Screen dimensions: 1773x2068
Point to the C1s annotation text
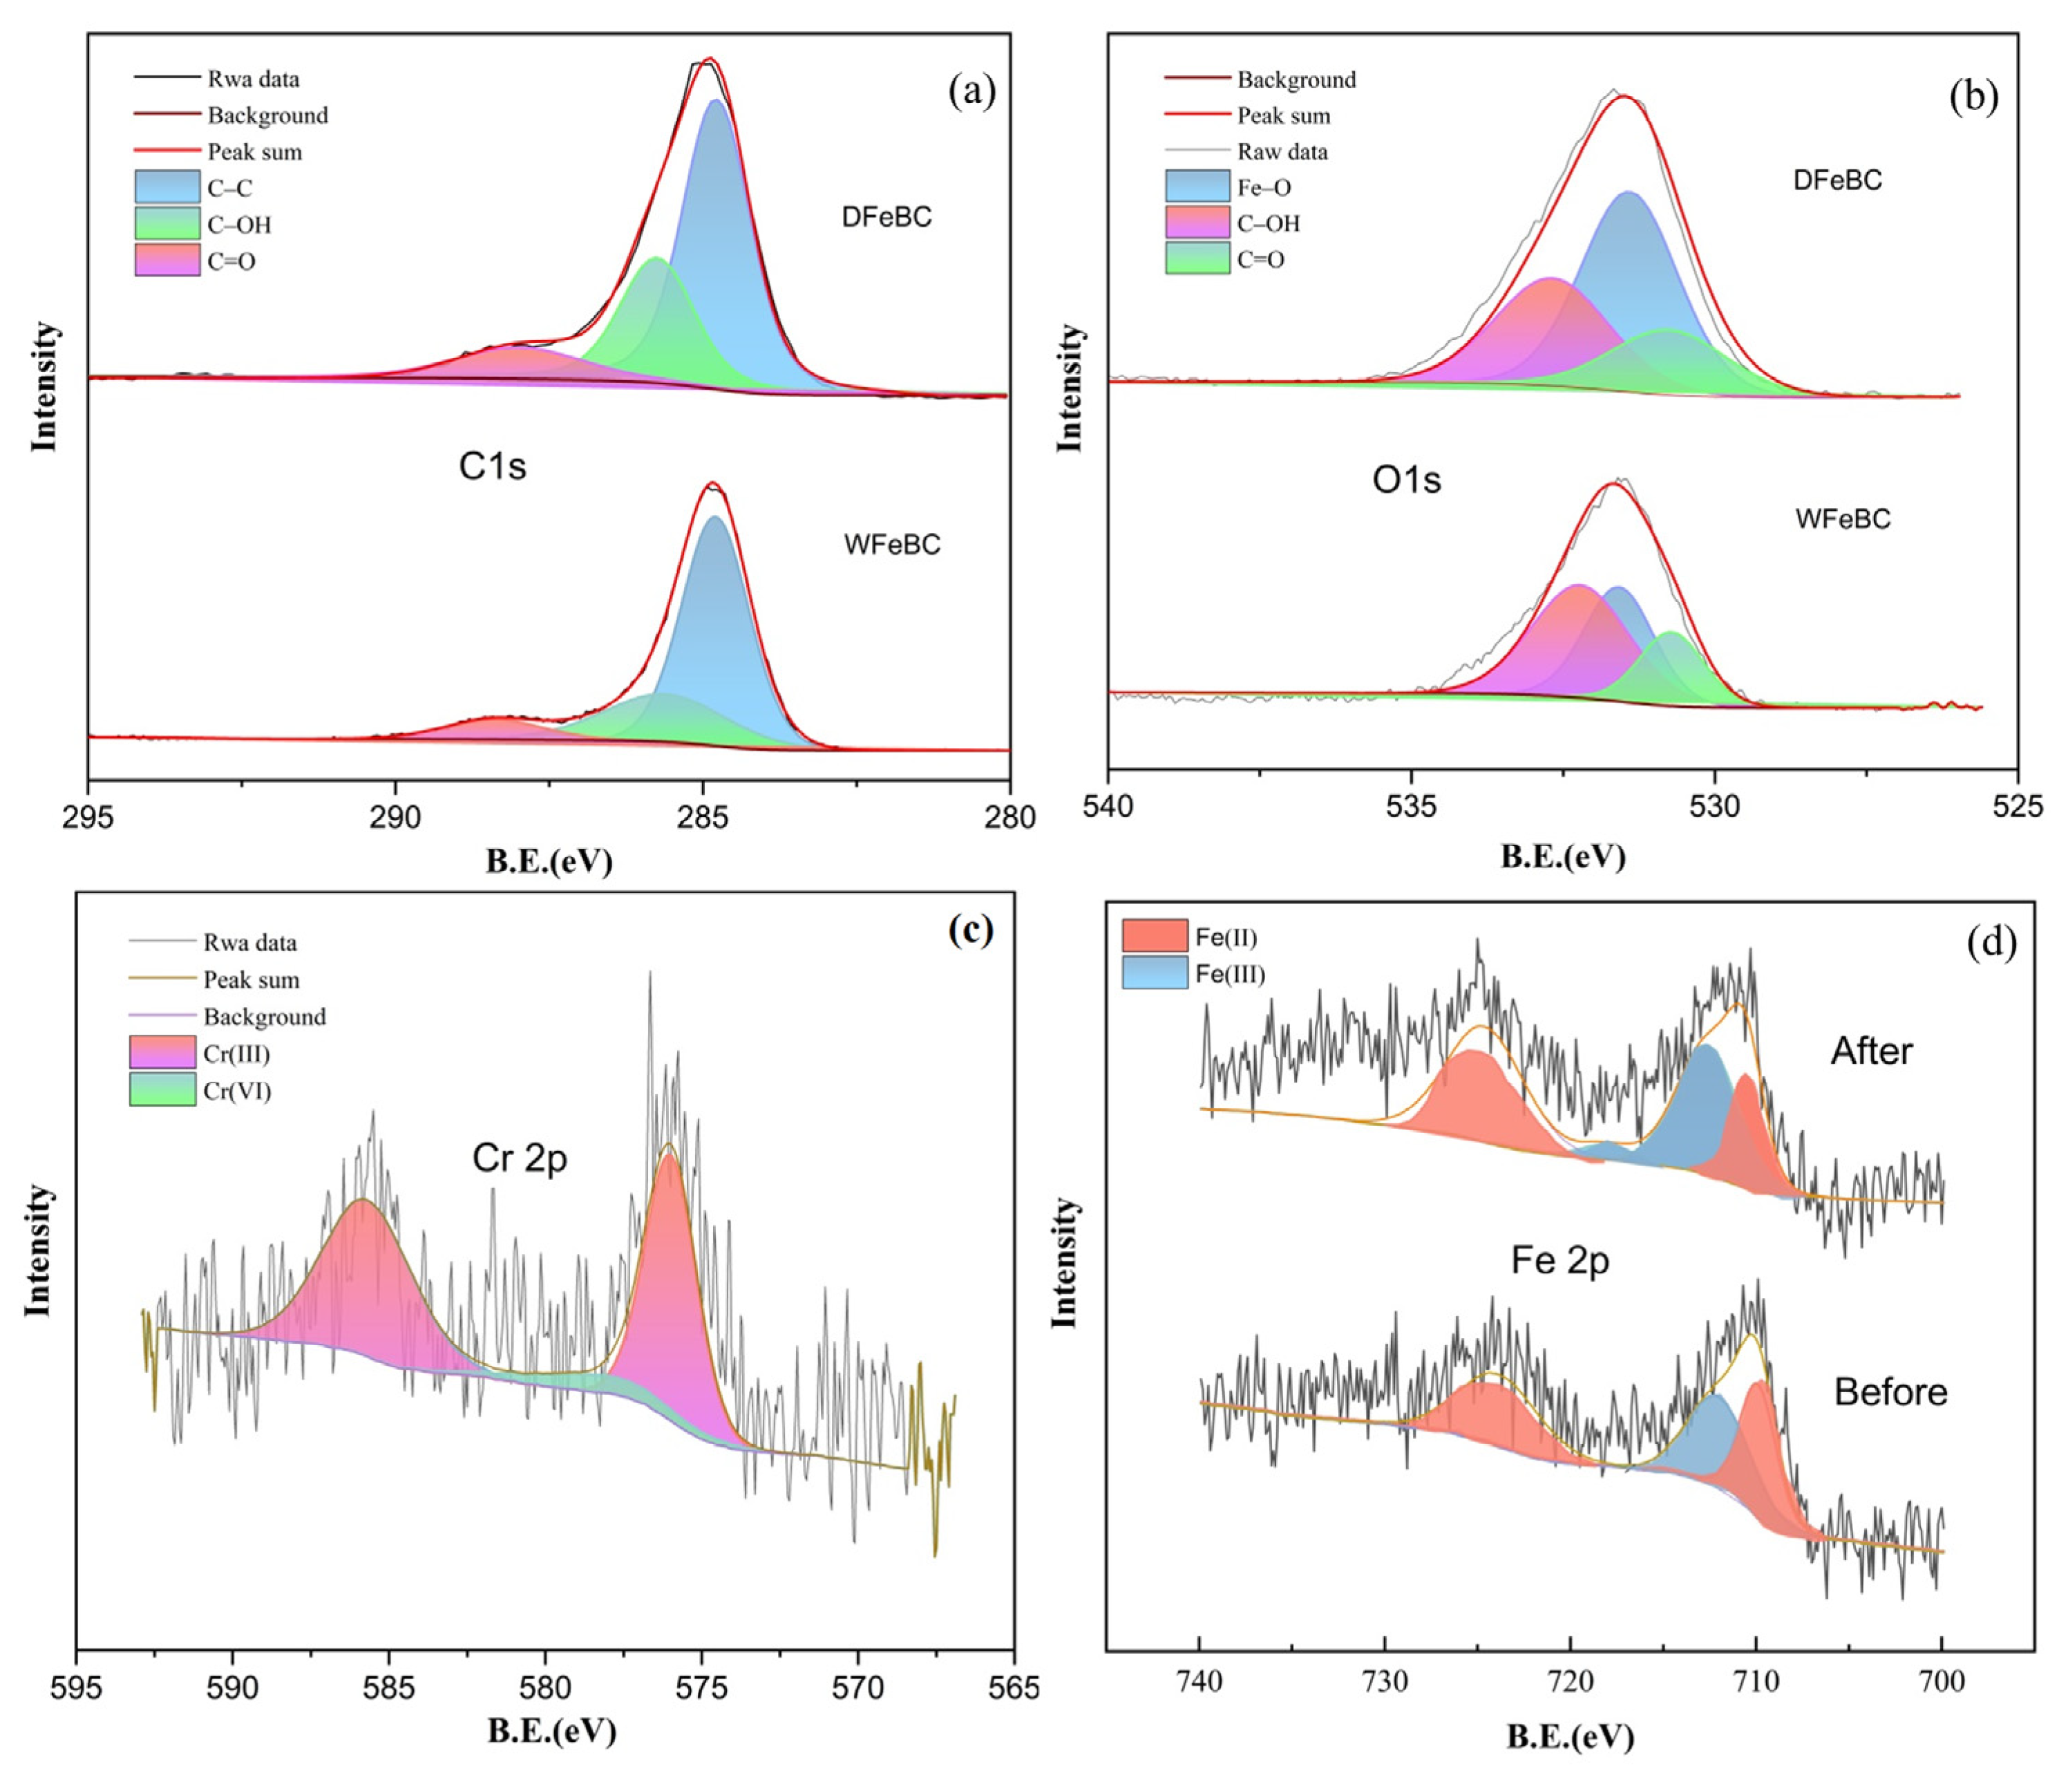pos(492,466)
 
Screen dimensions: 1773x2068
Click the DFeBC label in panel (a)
pos(886,216)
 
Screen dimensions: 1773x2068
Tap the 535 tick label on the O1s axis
pos(1412,807)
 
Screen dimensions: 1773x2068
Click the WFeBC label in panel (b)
pos(1843,519)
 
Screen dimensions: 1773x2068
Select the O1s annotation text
pos(1406,480)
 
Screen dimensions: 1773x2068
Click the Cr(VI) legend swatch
pos(162,1090)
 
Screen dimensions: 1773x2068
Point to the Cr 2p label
pos(519,1158)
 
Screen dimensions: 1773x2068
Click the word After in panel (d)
pos(1871,1051)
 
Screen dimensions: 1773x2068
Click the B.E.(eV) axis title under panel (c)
pos(551,1731)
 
